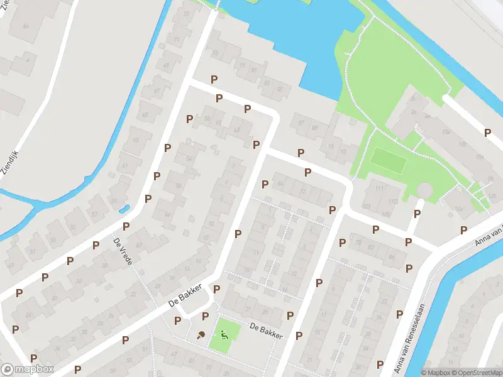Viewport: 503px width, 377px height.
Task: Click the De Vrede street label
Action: pyautogui.click(x=123, y=251)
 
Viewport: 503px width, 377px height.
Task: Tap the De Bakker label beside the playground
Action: pyautogui.click(x=266, y=330)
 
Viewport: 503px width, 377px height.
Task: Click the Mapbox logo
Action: pyautogui.click(x=27, y=369)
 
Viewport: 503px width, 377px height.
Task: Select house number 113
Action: pyautogui.click(x=394, y=201)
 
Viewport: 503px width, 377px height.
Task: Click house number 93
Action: pyautogui.click(x=343, y=151)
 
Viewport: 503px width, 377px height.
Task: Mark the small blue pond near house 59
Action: pyautogui.click(x=124, y=208)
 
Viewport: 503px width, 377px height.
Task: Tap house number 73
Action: pyautogui.click(x=177, y=40)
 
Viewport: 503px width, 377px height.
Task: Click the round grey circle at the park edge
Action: pyautogui.click(x=426, y=190)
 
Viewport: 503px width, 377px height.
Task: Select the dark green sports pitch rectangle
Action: pyautogui.click(x=387, y=161)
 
